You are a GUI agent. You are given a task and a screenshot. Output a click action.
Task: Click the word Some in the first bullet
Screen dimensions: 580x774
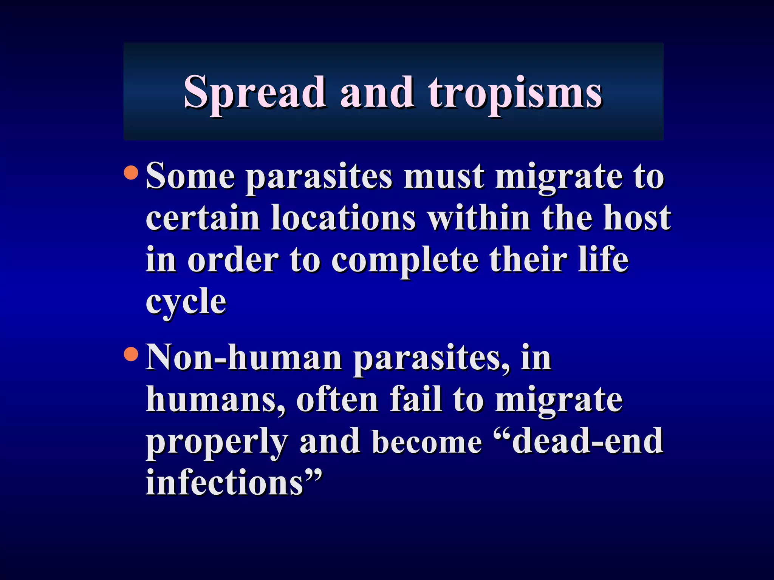tap(190, 176)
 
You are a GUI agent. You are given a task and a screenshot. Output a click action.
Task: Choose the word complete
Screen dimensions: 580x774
tap(404, 261)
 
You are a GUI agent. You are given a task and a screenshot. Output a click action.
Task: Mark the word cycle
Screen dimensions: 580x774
tap(186, 302)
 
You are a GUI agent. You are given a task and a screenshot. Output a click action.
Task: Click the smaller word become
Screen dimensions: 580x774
tap(427, 443)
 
